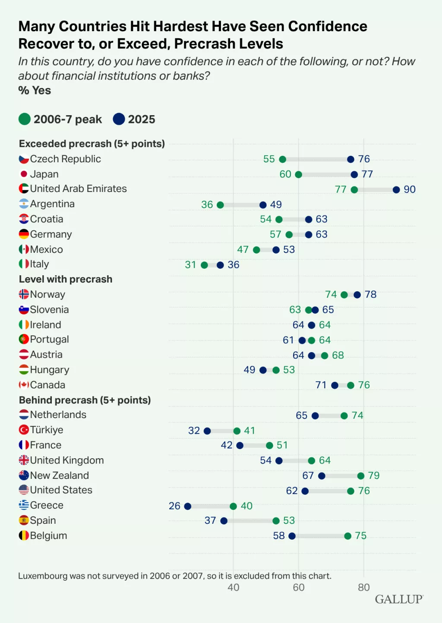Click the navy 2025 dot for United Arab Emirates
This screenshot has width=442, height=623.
coord(396,189)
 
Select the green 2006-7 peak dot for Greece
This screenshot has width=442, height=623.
coord(233,506)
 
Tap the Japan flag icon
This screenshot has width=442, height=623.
coord(24,174)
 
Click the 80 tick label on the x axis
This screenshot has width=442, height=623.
coord(363,587)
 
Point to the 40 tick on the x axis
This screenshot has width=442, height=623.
coord(233,587)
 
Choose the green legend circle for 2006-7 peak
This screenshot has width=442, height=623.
coord(25,119)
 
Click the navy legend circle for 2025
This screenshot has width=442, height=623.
coord(119,119)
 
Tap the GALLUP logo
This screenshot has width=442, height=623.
coord(399,599)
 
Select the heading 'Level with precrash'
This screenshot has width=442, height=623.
coord(66,279)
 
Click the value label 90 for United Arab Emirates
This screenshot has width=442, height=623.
coord(409,189)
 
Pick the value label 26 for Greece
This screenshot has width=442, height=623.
coord(174,506)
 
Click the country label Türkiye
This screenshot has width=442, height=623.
coord(47,430)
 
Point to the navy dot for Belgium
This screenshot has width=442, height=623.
coord(292,536)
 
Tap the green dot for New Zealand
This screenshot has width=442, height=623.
coord(360,475)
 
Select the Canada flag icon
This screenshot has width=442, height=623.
coord(24,385)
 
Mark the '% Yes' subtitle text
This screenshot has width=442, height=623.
coord(35,91)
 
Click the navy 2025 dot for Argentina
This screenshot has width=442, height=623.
coord(263,205)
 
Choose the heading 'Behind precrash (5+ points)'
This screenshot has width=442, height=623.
coord(85,400)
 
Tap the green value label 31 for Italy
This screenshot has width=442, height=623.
coord(190,264)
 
